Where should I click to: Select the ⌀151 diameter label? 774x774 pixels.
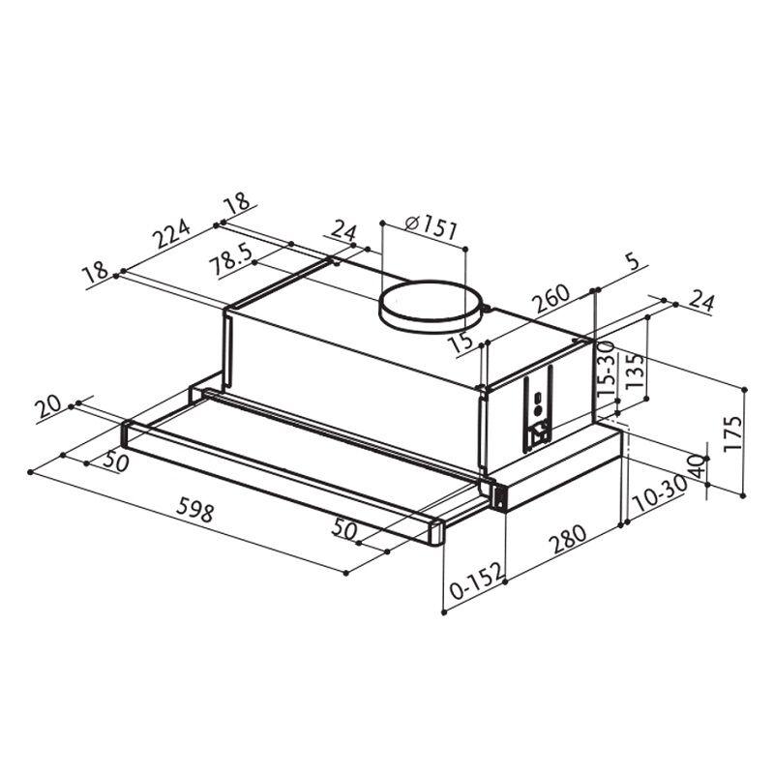(427, 228)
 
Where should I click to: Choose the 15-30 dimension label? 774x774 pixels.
(608, 377)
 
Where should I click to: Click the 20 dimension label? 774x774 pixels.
(48, 407)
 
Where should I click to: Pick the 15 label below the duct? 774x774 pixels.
(461, 342)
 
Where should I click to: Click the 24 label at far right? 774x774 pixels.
(701, 302)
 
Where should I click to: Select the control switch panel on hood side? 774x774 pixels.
(537, 411)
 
